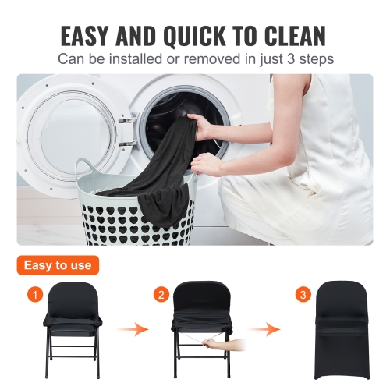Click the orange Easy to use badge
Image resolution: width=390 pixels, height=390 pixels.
pos(58,265)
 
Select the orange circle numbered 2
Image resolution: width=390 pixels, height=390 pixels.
pos(161,295)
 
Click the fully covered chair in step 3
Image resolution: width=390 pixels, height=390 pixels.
pos(332,332)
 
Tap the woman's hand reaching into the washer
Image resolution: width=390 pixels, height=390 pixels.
pos(201,126)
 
